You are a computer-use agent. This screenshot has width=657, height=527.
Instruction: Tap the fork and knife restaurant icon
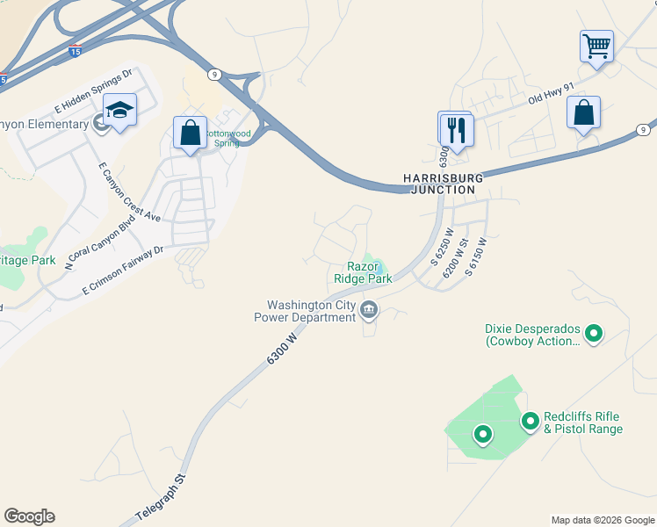pyautogui.click(x=456, y=130)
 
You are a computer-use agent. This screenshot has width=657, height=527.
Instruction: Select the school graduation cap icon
pyautogui.click(x=119, y=110)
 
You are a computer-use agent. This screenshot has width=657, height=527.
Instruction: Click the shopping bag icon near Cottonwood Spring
pyautogui.click(x=190, y=134)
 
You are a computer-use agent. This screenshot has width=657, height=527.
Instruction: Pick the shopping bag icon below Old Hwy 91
pyautogui.click(x=583, y=113)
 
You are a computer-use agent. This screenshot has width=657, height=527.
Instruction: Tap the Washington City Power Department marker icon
pyautogui.click(x=369, y=309)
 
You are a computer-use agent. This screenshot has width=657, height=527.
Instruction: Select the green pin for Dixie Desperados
pyautogui.click(x=594, y=333)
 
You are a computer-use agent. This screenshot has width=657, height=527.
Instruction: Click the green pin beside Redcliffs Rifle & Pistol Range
pyautogui.click(x=530, y=422)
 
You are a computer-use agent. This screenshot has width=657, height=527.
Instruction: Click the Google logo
pyautogui.click(x=29, y=516)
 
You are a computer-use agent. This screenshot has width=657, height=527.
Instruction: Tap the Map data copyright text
pyautogui.click(x=602, y=520)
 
